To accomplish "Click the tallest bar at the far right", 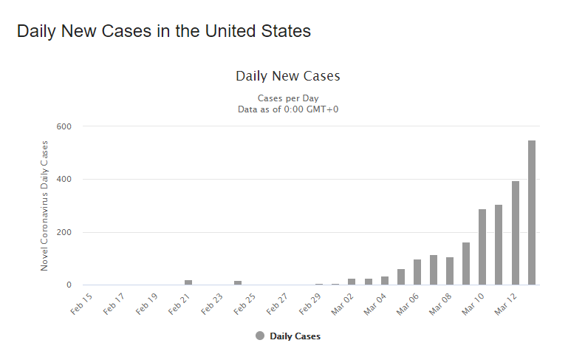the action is pyautogui.click(x=532, y=212).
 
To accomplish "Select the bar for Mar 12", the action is pyautogui.click(x=516, y=233).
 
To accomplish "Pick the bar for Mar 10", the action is pyautogui.click(x=482, y=247).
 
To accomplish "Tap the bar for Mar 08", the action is pyautogui.click(x=450, y=271).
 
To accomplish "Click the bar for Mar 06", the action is pyautogui.click(x=417, y=272).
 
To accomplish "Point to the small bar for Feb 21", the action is pyautogui.click(x=188, y=282).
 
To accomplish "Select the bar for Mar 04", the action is pyautogui.click(x=385, y=281).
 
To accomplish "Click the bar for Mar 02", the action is pyautogui.click(x=352, y=282).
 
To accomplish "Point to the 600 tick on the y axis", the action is pyautogui.click(x=64, y=126).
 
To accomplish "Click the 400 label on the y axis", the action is pyautogui.click(x=64, y=179).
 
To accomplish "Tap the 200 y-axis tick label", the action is pyautogui.click(x=64, y=232).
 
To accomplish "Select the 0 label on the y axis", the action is pyautogui.click(x=69, y=285).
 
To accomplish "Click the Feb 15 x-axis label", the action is pyautogui.click(x=81, y=304).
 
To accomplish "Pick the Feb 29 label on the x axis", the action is pyautogui.click(x=309, y=304).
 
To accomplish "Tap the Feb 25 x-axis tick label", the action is pyautogui.click(x=244, y=304).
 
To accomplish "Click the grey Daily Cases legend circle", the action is pyautogui.click(x=260, y=336).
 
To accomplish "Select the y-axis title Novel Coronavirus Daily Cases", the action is pyautogui.click(x=44, y=206).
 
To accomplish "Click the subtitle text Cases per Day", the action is pyautogui.click(x=288, y=98).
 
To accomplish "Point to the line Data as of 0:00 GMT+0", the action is pyautogui.click(x=288, y=109).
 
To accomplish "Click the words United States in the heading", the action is pyautogui.click(x=258, y=31).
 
